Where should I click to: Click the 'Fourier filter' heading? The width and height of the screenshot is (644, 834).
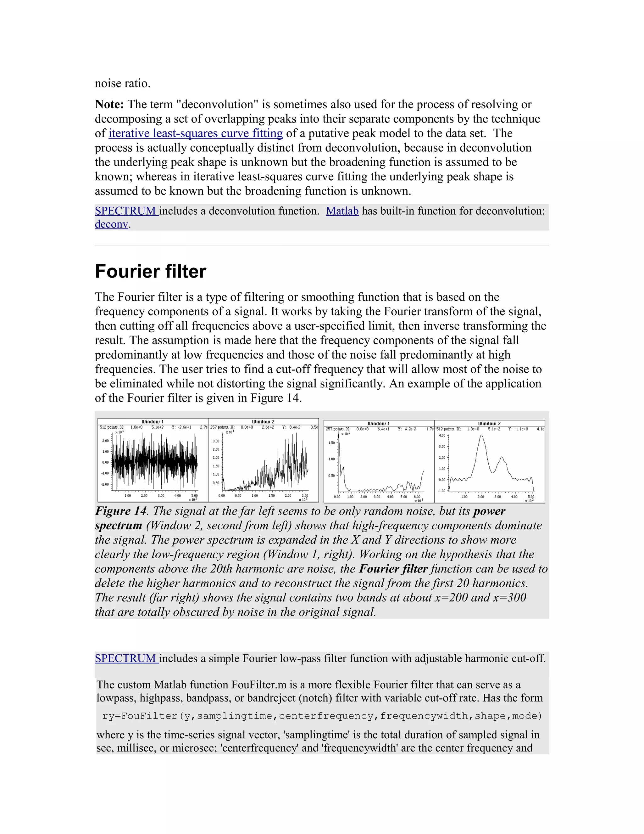coord(150,272)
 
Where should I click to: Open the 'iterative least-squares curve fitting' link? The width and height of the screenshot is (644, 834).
coord(195,133)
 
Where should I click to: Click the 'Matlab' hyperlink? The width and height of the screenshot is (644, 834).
coord(342,211)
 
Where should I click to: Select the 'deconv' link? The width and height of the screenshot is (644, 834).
coord(111,224)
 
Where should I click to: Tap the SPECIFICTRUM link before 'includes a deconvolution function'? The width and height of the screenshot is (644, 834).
coord(126,211)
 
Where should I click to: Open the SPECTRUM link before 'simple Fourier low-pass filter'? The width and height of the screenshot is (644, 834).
coord(126,658)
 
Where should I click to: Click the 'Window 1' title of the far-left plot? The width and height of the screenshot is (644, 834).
coord(153,422)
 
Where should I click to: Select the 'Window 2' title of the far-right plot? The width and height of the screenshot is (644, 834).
coord(489,424)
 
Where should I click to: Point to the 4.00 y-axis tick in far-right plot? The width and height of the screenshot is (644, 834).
coord(442,435)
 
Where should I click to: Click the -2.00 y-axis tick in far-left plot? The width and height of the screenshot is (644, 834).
coord(105,484)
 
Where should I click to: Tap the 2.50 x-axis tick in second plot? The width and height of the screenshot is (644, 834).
coord(305,496)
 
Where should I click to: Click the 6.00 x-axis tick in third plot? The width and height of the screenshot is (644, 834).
coord(417,497)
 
